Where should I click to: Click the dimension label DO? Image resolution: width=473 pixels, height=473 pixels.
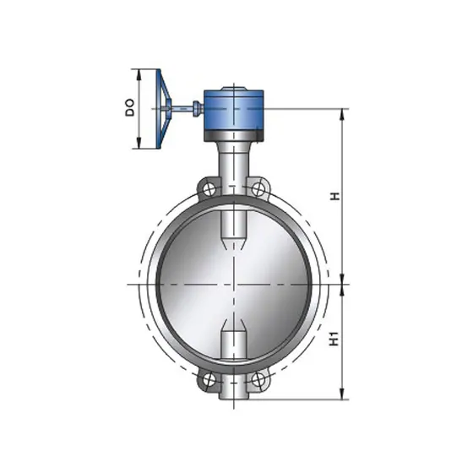pyautogui.click(x=130, y=108)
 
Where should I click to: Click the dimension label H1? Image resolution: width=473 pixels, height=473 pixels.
pyautogui.click(x=334, y=339)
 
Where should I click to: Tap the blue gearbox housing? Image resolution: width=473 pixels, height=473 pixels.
pyautogui.click(x=234, y=110)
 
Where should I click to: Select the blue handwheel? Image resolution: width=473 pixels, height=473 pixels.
pyautogui.click(x=164, y=109)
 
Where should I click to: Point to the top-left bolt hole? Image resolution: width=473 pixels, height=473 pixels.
pyautogui.click(x=209, y=189)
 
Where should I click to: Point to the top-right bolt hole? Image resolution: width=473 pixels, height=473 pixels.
pyautogui.click(x=258, y=189)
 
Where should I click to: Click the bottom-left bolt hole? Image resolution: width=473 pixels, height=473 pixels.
pyautogui.click(x=209, y=379)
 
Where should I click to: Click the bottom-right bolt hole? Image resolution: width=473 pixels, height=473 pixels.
pyautogui.click(x=258, y=379)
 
